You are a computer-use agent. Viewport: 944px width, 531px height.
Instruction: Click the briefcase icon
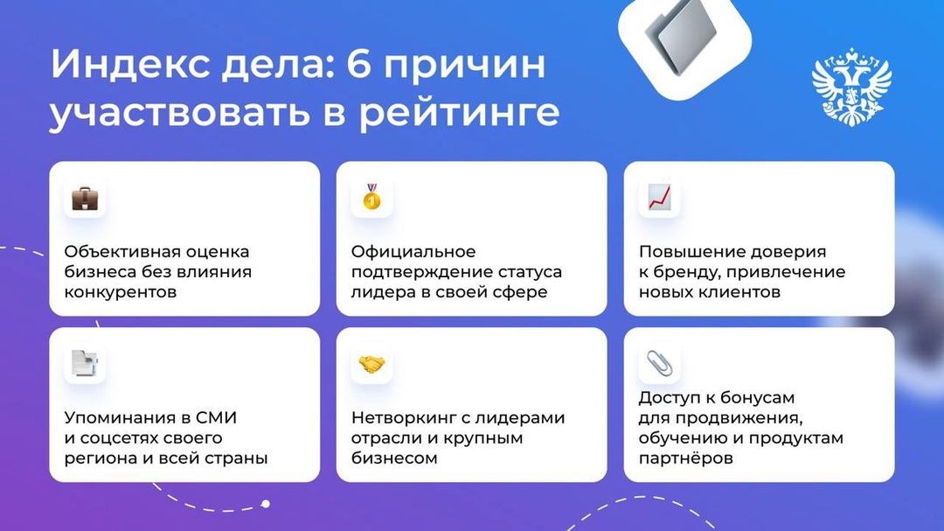(85, 198)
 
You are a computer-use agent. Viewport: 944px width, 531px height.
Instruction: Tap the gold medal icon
(372, 198)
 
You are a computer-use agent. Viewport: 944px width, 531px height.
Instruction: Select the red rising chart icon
(659, 198)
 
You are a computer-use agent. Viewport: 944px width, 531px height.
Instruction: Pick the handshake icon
(372, 364)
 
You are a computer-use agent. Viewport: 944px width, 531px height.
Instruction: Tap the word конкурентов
(121, 292)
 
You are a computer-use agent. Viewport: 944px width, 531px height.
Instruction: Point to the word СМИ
(215, 417)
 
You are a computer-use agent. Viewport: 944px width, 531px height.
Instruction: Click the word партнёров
(685, 458)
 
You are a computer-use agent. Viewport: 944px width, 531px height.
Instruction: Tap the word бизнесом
(394, 458)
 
